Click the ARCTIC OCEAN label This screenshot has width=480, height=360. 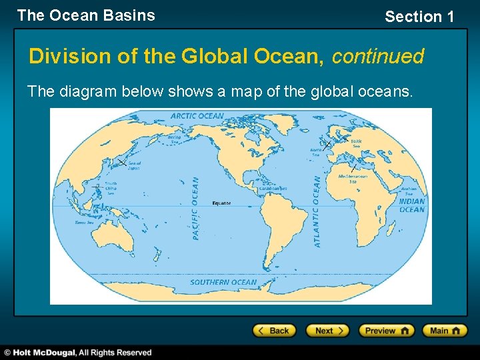pos(197,116)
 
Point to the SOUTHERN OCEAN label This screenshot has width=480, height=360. pos(223,282)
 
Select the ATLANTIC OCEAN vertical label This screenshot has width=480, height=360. pos(317,211)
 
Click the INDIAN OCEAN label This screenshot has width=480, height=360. pos(412,205)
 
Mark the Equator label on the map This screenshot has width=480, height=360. pos(221,203)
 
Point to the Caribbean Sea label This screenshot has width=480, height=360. pos(273,189)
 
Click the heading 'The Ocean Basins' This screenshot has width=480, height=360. pos(86,15)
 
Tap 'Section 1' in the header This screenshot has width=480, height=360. pos(419,17)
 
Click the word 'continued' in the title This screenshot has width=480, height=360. pos(377,57)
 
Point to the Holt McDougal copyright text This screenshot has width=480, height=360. pos(79,352)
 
